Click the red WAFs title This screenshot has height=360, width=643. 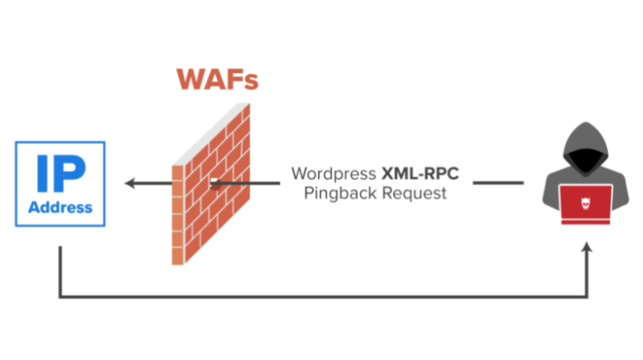[x=218, y=79]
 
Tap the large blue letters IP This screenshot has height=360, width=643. [x=61, y=173]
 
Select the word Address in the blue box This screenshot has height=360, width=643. [x=60, y=207]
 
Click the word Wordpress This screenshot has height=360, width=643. [x=334, y=174]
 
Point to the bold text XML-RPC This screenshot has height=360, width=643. [x=420, y=173]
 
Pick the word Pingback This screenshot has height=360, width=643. [x=340, y=194]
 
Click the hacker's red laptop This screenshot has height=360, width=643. [x=586, y=205]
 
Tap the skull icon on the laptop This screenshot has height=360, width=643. [x=586, y=203]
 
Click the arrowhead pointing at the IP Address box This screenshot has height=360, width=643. [x=130, y=183]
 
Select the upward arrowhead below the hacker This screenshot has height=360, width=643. [x=586, y=247]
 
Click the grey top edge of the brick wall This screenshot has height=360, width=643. [x=211, y=134]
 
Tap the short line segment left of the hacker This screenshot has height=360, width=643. [x=498, y=183]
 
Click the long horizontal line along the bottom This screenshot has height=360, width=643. [x=323, y=297]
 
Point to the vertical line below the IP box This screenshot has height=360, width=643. [x=60, y=272]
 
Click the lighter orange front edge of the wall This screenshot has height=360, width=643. [x=177, y=215]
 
